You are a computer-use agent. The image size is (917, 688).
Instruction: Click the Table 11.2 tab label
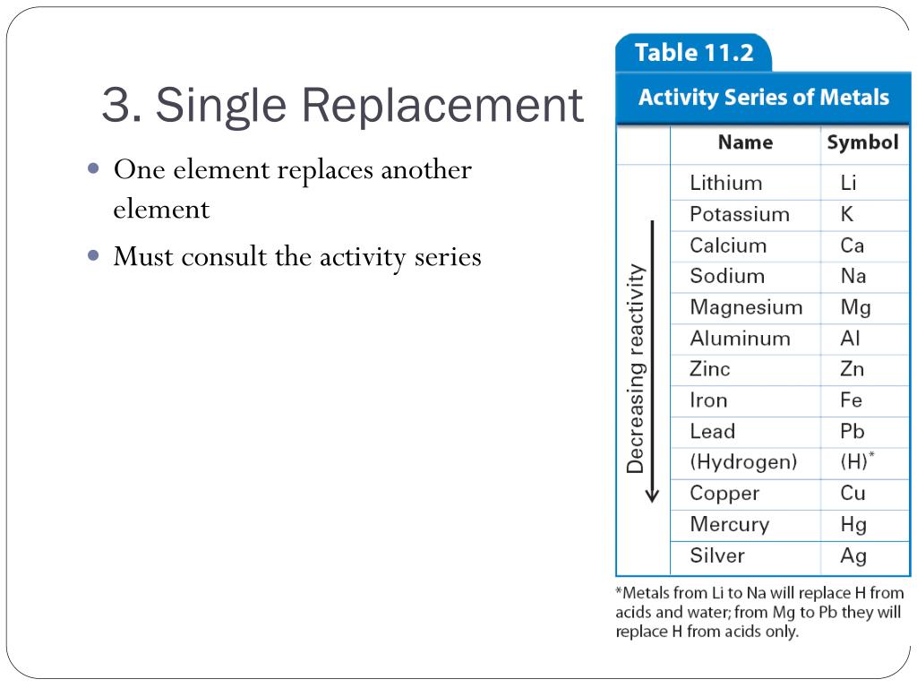point(694,52)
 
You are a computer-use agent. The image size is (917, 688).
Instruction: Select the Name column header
point(745,142)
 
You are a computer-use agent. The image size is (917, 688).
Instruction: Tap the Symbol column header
point(862,142)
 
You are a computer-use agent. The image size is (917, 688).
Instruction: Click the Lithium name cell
point(726,183)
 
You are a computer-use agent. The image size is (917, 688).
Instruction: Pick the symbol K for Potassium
point(847,214)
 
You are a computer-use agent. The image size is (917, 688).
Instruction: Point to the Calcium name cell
point(728,245)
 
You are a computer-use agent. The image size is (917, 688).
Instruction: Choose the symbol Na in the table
point(853,276)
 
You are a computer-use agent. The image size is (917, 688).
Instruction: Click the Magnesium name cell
point(746,307)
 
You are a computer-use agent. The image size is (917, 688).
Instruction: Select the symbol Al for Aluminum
point(850,339)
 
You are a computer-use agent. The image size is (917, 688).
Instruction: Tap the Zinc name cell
point(710,369)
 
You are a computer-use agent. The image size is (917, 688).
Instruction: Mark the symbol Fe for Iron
point(851,400)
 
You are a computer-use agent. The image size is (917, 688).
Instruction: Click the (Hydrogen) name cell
point(743,462)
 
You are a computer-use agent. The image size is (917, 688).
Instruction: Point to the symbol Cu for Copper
point(853,494)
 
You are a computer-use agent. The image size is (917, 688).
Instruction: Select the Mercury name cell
point(729,524)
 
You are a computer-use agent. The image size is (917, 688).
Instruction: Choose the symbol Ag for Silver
point(853,555)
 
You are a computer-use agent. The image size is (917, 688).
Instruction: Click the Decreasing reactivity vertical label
point(635,367)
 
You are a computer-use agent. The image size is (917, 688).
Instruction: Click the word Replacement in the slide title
point(441,106)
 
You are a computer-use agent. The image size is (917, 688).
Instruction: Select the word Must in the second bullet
point(142,257)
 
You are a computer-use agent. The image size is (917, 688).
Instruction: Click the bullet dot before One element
point(95,168)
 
